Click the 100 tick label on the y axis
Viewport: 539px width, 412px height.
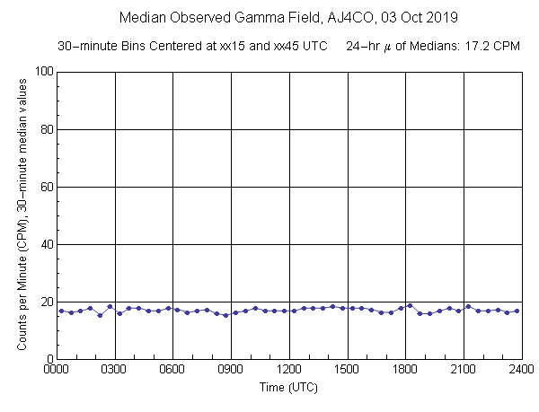41,72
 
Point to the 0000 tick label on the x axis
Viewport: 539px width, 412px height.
57,369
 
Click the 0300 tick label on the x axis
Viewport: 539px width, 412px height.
115,369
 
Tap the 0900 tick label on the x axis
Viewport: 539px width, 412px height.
231,369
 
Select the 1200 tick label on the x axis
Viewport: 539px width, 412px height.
289,369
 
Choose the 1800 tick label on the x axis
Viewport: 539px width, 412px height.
405,369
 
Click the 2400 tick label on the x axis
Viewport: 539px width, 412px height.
521,369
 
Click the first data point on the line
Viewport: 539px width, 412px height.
61,311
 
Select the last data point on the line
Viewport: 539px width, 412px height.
517,311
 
